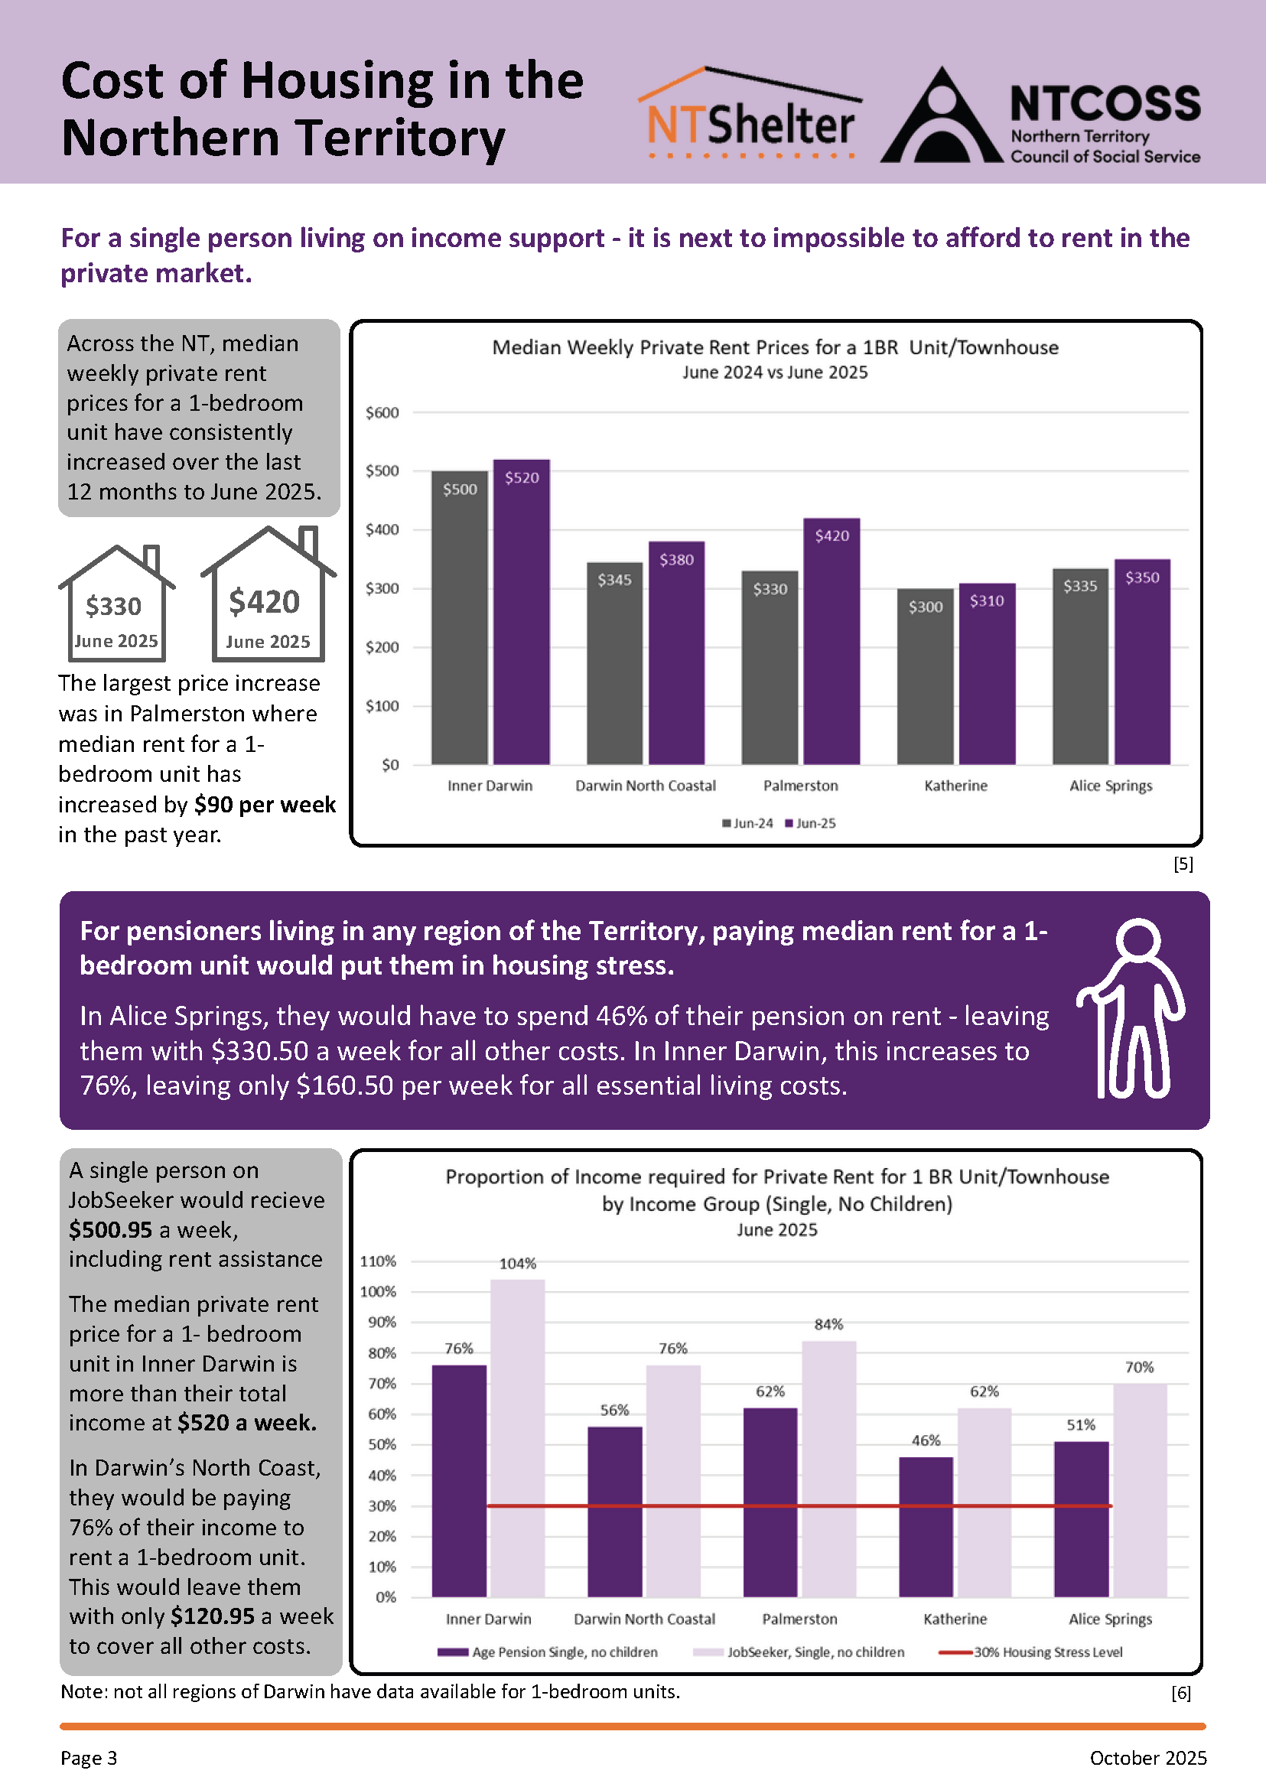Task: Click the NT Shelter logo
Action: coord(750,113)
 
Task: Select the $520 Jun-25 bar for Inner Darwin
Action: coord(522,612)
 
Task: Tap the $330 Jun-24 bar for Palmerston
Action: coord(770,667)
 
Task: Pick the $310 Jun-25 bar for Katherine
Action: coord(987,674)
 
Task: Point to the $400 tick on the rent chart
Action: coord(382,530)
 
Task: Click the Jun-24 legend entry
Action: coord(747,823)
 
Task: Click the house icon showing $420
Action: coord(268,594)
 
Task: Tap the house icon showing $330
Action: coord(117,603)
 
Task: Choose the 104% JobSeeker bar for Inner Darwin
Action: coord(518,1438)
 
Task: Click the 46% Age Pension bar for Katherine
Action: coord(926,1528)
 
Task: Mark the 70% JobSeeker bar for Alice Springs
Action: coord(1140,1491)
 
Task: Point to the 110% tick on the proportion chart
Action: coord(378,1261)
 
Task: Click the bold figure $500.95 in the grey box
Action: coord(110,1229)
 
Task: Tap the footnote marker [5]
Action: coord(1183,864)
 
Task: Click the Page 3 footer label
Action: coord(89,1758)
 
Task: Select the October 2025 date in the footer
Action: coord(1148,1758)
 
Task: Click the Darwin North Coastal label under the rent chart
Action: coord(646,786)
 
